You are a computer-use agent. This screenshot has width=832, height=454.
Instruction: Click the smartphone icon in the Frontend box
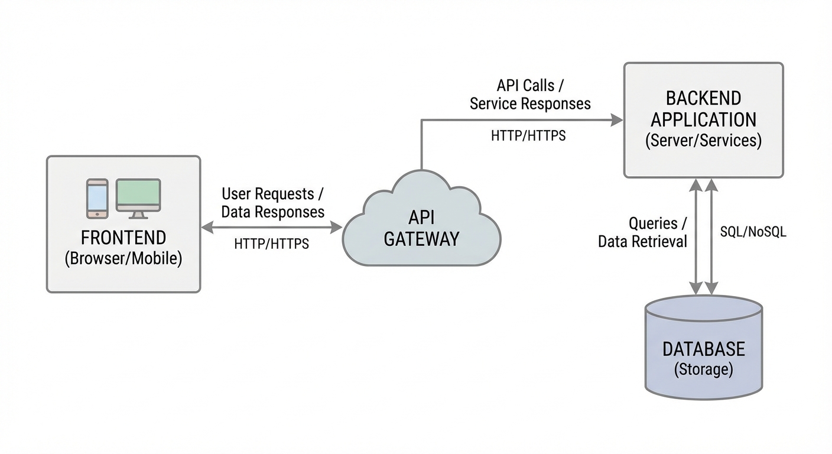pos(97,199)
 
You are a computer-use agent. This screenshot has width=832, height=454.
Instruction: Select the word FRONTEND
pos(123,238)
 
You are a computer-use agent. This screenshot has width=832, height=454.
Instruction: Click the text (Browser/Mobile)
pos(123,258)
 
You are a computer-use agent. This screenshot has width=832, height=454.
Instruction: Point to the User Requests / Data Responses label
pos(272,203)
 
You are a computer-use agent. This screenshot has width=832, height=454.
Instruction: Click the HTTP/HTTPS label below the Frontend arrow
pos(271,244)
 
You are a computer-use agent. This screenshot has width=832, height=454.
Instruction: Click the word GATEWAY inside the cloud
pos(421,239)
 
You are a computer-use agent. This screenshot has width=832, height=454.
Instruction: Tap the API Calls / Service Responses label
pos(530,95)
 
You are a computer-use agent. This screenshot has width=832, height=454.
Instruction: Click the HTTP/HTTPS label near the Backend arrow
pos(528,136)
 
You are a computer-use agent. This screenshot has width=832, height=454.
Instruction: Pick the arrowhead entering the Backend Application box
pos(618,120)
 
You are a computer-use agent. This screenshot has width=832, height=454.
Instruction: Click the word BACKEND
pos(703,98)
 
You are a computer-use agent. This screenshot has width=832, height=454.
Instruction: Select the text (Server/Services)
pos(703,141)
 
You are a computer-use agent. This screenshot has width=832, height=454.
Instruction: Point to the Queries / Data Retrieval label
pos(643,232)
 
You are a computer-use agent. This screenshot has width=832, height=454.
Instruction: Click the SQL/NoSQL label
pos(753,232)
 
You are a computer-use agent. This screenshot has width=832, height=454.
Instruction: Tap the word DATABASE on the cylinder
pos(703,349)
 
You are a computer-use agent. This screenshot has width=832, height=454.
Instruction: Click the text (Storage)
pos(703,369)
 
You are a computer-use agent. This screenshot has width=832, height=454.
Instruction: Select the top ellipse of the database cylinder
pos(703,308)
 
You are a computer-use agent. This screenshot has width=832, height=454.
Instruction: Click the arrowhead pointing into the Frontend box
pos(206,228)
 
